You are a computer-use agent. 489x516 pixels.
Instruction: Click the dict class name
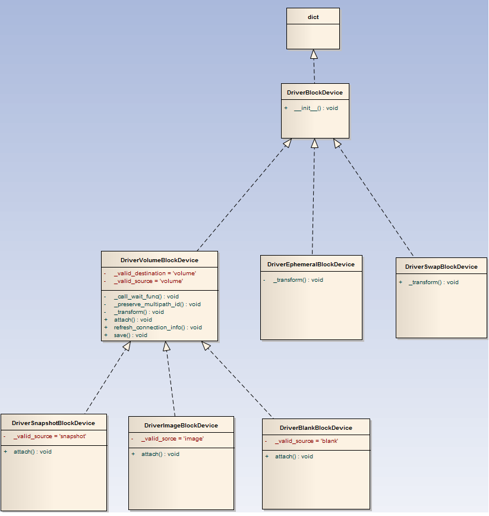[x=313, y=17]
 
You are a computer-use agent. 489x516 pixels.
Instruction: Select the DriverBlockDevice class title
[x=314, y=93]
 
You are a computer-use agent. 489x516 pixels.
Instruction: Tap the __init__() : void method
[x=316, y=108]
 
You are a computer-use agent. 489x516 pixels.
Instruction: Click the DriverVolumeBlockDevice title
[x=159, y=260]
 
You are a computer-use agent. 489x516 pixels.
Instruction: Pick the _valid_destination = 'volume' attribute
[x=154, y=273]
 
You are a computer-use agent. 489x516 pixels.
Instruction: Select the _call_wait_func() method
[x=146, y=296]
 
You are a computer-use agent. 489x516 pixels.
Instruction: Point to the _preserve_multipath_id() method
[x=157, y=304]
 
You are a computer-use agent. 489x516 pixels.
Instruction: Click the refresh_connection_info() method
[x=157, y=327]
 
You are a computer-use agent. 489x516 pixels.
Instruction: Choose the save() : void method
[x=130, y=335]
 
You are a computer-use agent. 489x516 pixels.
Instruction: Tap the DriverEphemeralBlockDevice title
[x=311, y=265]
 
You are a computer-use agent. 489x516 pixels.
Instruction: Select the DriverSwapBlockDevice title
[x=441, y=267]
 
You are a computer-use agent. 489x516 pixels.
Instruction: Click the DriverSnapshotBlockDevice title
[x=53, y=423]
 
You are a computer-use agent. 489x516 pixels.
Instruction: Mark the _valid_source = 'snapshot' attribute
[x=50, y=436]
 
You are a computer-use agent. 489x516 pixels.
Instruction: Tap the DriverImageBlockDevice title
[x=181, y=426]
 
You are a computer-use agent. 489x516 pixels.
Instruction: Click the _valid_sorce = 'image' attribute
[x=172, y=439]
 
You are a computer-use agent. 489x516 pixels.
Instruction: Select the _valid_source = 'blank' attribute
[x=306, y=441]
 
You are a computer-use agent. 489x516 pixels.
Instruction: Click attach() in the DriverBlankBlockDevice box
[x=294, y=457]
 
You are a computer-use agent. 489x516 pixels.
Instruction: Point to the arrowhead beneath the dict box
[x=314, y=54]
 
